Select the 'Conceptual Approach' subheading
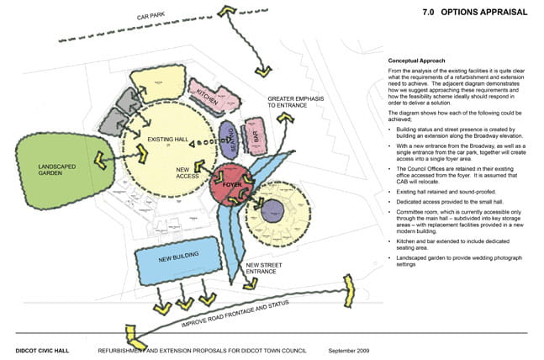click(x=417, y=61)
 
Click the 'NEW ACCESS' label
click(x=188, y=175)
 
